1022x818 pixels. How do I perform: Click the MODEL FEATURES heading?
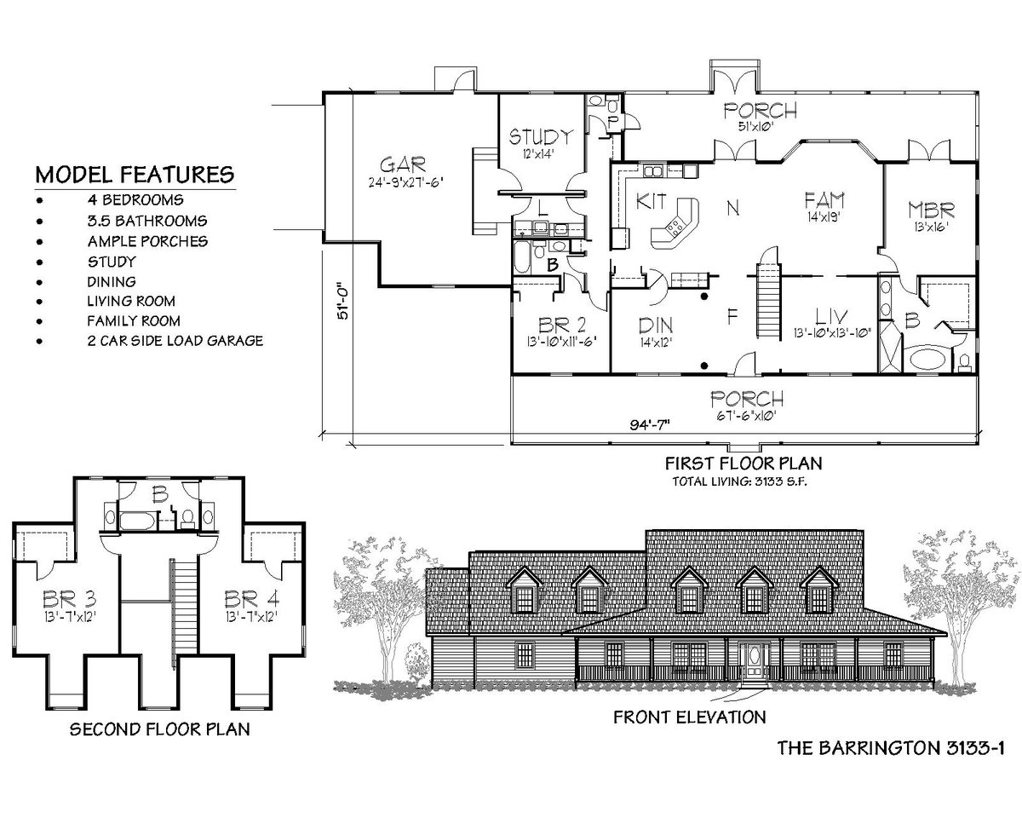tap(135, 175)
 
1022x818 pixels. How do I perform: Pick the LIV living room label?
tap(830, 315)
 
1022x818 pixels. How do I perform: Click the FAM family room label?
tap(824, 200)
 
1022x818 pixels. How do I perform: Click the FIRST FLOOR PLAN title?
tap(743, 464)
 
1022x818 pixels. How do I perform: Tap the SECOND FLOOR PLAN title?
tap(159, 729)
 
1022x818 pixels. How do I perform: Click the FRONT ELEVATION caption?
tap(689, 717)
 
